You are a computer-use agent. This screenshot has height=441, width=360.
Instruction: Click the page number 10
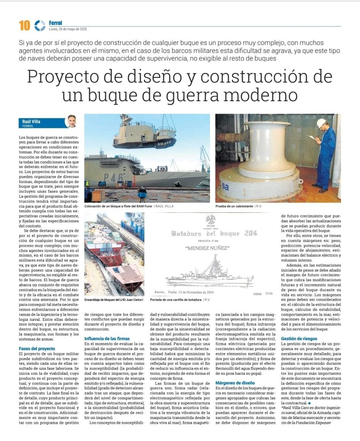click(24, 26)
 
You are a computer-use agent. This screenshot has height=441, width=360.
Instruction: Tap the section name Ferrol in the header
click(56, 23)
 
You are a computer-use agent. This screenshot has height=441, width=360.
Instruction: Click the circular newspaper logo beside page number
click(40, 26)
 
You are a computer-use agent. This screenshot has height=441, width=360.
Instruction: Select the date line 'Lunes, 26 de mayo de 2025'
click(68, 29)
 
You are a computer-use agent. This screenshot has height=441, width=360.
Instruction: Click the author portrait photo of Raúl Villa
click(71, 122)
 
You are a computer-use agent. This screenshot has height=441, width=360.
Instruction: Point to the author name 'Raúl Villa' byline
click(31, 122)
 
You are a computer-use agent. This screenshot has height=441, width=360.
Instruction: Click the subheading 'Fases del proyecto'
click(37, 348)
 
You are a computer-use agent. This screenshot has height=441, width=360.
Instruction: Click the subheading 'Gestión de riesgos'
click(299, 339)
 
